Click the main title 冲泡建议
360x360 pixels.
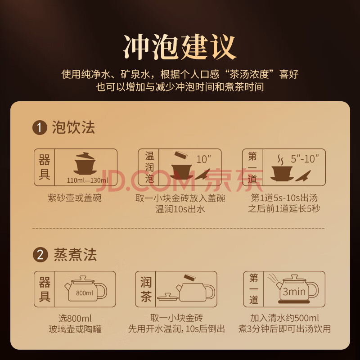(180, 47)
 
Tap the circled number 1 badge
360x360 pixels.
(40, 127)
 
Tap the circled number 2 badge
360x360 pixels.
(40, 255)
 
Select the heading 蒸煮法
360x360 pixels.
(75, 254)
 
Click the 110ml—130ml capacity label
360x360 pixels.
(87, 180)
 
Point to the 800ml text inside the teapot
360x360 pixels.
(85, 293)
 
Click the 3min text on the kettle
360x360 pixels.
(294, 292)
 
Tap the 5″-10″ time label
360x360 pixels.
(305, 159)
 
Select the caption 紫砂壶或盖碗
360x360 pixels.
(75, 198)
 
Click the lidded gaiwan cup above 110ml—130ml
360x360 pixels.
(85, 163)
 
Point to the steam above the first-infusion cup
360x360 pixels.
(280, 160)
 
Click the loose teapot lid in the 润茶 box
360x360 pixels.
(168, 297)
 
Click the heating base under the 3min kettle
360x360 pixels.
(294, 302)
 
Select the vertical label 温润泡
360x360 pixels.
(149, 167)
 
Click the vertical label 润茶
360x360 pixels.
(146, 289)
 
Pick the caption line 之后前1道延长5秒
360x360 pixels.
(284, 209)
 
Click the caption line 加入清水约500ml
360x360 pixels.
(284, 318)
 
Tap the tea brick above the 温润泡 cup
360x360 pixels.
(181, 155)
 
